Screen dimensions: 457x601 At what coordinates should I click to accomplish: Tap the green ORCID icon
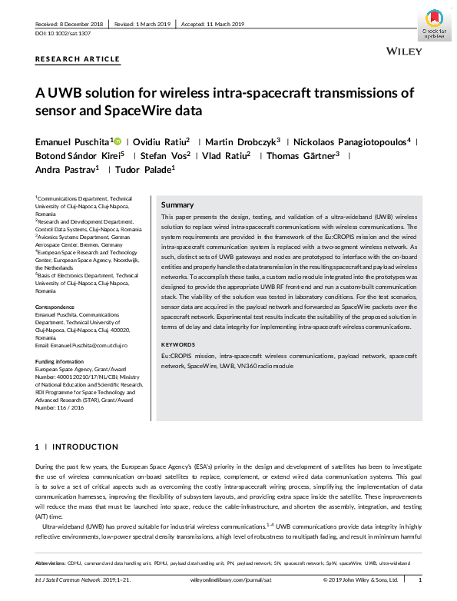[118, 141]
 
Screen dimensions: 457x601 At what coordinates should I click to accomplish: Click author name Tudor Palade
[145, 169]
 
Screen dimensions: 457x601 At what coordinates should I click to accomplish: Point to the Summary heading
[177, 205]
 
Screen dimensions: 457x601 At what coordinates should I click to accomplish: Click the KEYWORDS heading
[179, 344]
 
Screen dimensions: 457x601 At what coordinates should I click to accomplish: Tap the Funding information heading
[60, 360]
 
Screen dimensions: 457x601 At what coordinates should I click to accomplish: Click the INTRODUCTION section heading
[84, 447]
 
